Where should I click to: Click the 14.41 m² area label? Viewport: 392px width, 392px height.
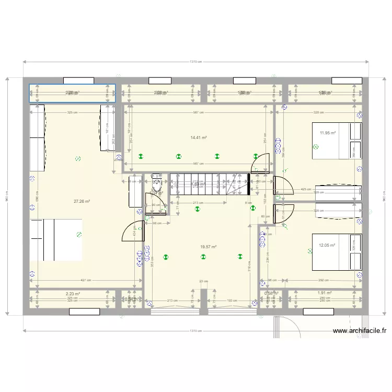(199, 137)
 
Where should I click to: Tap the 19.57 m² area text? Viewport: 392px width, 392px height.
(208, 247)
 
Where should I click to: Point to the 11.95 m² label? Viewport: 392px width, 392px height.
(328, 133)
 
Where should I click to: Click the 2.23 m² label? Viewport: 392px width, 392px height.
(73, 294)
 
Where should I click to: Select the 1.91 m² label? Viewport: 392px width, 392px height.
(325, 294)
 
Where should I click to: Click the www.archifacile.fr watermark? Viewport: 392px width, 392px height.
(359, 331)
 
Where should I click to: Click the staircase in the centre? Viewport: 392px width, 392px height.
(209, 184)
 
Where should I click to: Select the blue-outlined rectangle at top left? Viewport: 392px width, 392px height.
(72, 93)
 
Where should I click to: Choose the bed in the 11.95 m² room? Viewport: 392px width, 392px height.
(337, 140)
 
